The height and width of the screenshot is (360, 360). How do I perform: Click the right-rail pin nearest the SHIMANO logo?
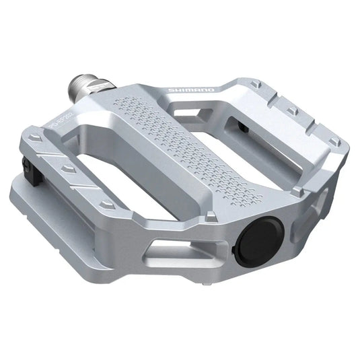[256, 84]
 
